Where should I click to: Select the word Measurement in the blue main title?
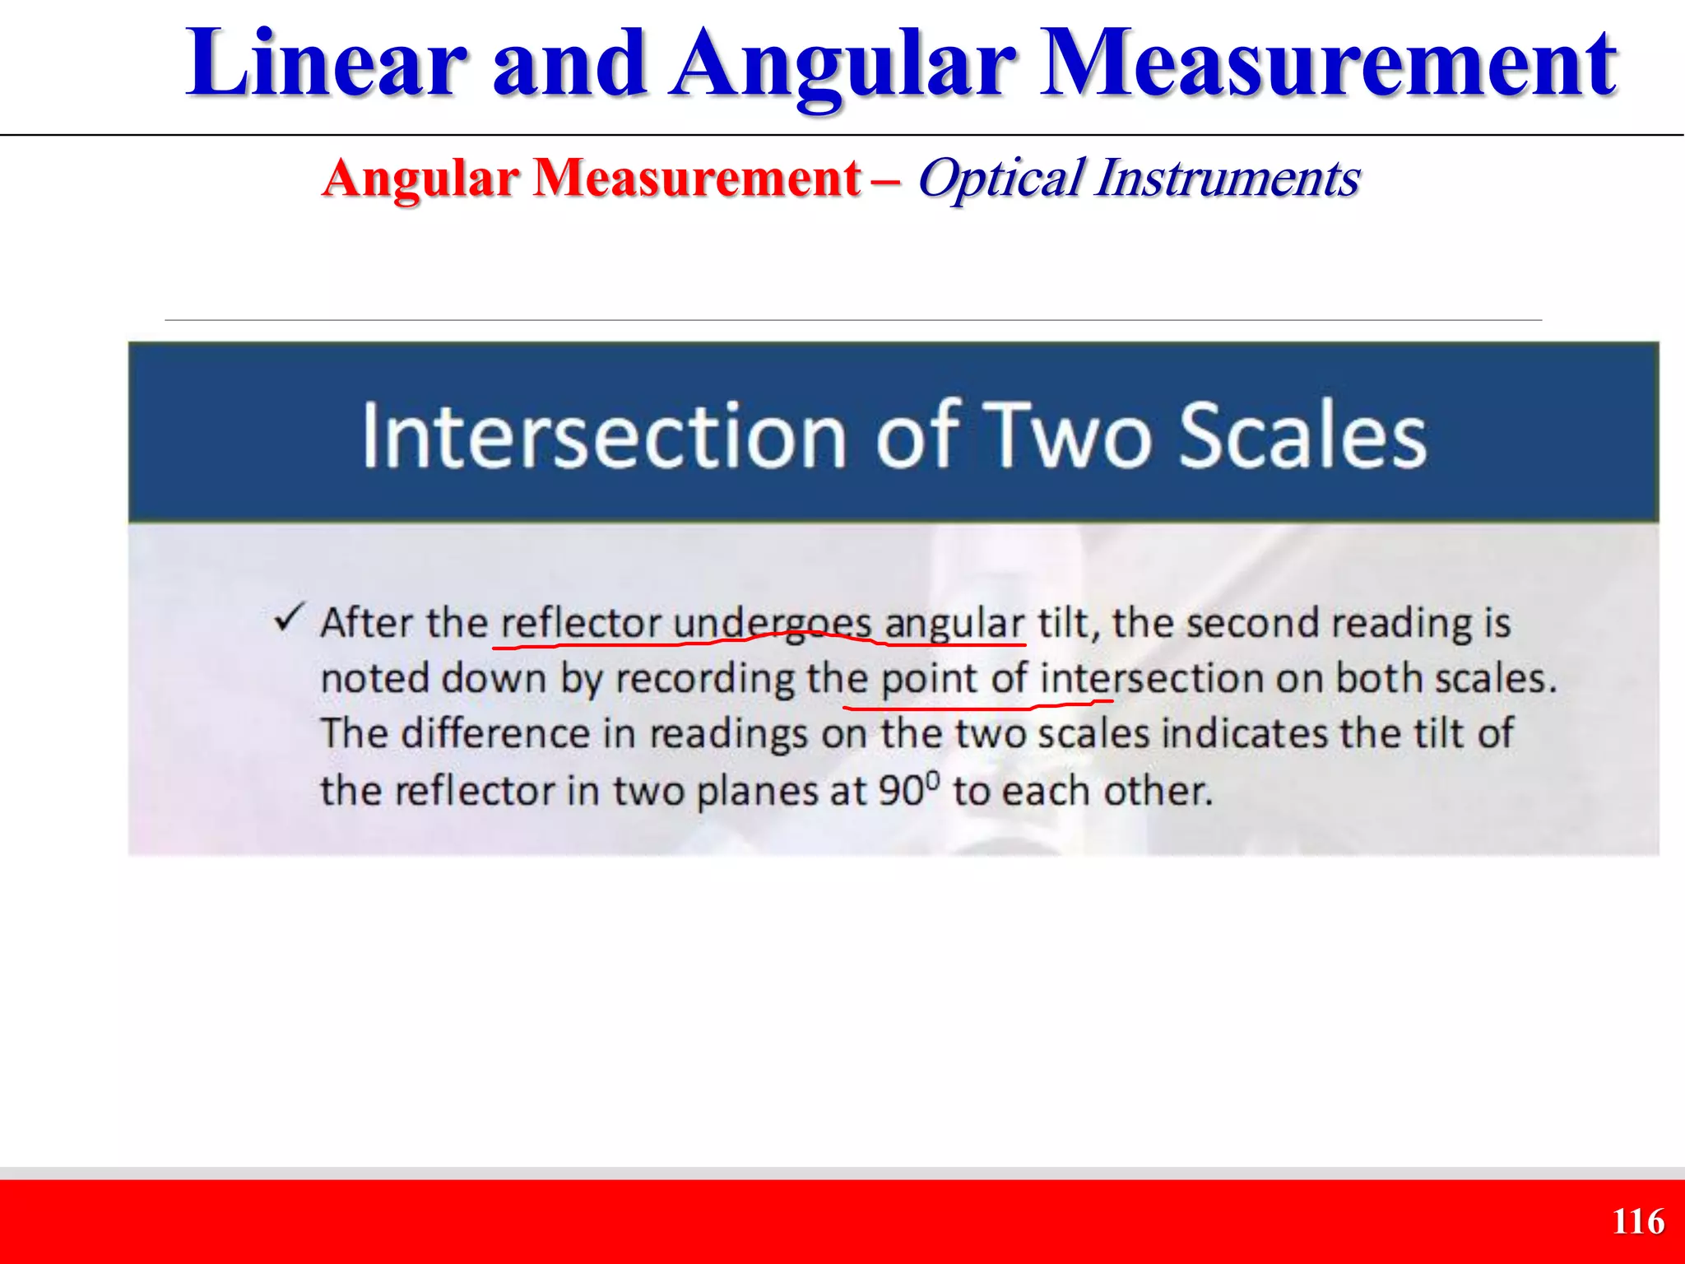(1328, 64)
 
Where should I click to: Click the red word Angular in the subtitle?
(421, 179)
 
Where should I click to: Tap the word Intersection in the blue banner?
(605, 436)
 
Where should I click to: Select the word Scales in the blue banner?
(1303, 436)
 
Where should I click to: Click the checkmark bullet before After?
(290, 618)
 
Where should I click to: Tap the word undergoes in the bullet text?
(772, 623)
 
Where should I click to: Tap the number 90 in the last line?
(902, 792)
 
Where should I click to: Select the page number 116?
(1638, 1222)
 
